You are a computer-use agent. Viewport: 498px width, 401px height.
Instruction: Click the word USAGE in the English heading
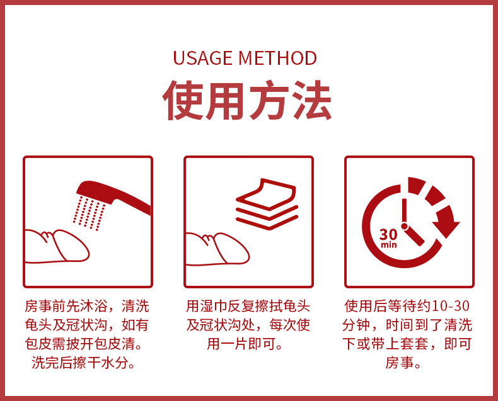202,58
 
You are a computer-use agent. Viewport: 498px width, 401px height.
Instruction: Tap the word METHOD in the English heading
277,58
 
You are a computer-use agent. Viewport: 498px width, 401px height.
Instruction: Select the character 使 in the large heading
183,100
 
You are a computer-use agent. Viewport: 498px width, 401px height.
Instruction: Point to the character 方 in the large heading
269,100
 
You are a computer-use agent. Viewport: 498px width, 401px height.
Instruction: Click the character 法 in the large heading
312,100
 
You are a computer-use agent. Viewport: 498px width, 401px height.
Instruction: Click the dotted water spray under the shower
90,213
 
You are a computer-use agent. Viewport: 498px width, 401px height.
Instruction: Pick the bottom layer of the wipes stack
267,222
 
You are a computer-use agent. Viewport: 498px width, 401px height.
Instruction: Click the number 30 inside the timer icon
388,235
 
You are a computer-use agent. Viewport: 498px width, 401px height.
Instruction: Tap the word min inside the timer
389,245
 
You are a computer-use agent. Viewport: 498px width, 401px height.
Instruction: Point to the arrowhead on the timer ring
447,226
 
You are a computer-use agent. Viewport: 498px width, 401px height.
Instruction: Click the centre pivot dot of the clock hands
404,226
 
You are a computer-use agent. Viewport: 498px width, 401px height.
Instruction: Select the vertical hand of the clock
404,211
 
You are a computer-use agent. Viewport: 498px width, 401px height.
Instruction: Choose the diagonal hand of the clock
415,236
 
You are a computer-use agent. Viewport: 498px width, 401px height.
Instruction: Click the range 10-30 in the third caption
451,306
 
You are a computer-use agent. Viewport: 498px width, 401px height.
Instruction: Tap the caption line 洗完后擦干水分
84,363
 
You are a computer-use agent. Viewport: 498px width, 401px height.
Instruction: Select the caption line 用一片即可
245,344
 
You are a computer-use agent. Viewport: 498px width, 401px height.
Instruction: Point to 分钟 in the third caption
356,325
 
